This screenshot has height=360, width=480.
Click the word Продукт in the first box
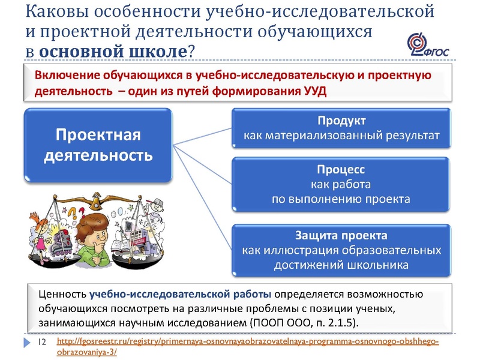pyautogui.click(x=341, y=121)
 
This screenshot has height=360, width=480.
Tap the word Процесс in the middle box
pyautogui.click(x=341, y=170)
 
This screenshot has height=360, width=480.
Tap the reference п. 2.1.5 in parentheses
pyautogui.click(x=335, y=323)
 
